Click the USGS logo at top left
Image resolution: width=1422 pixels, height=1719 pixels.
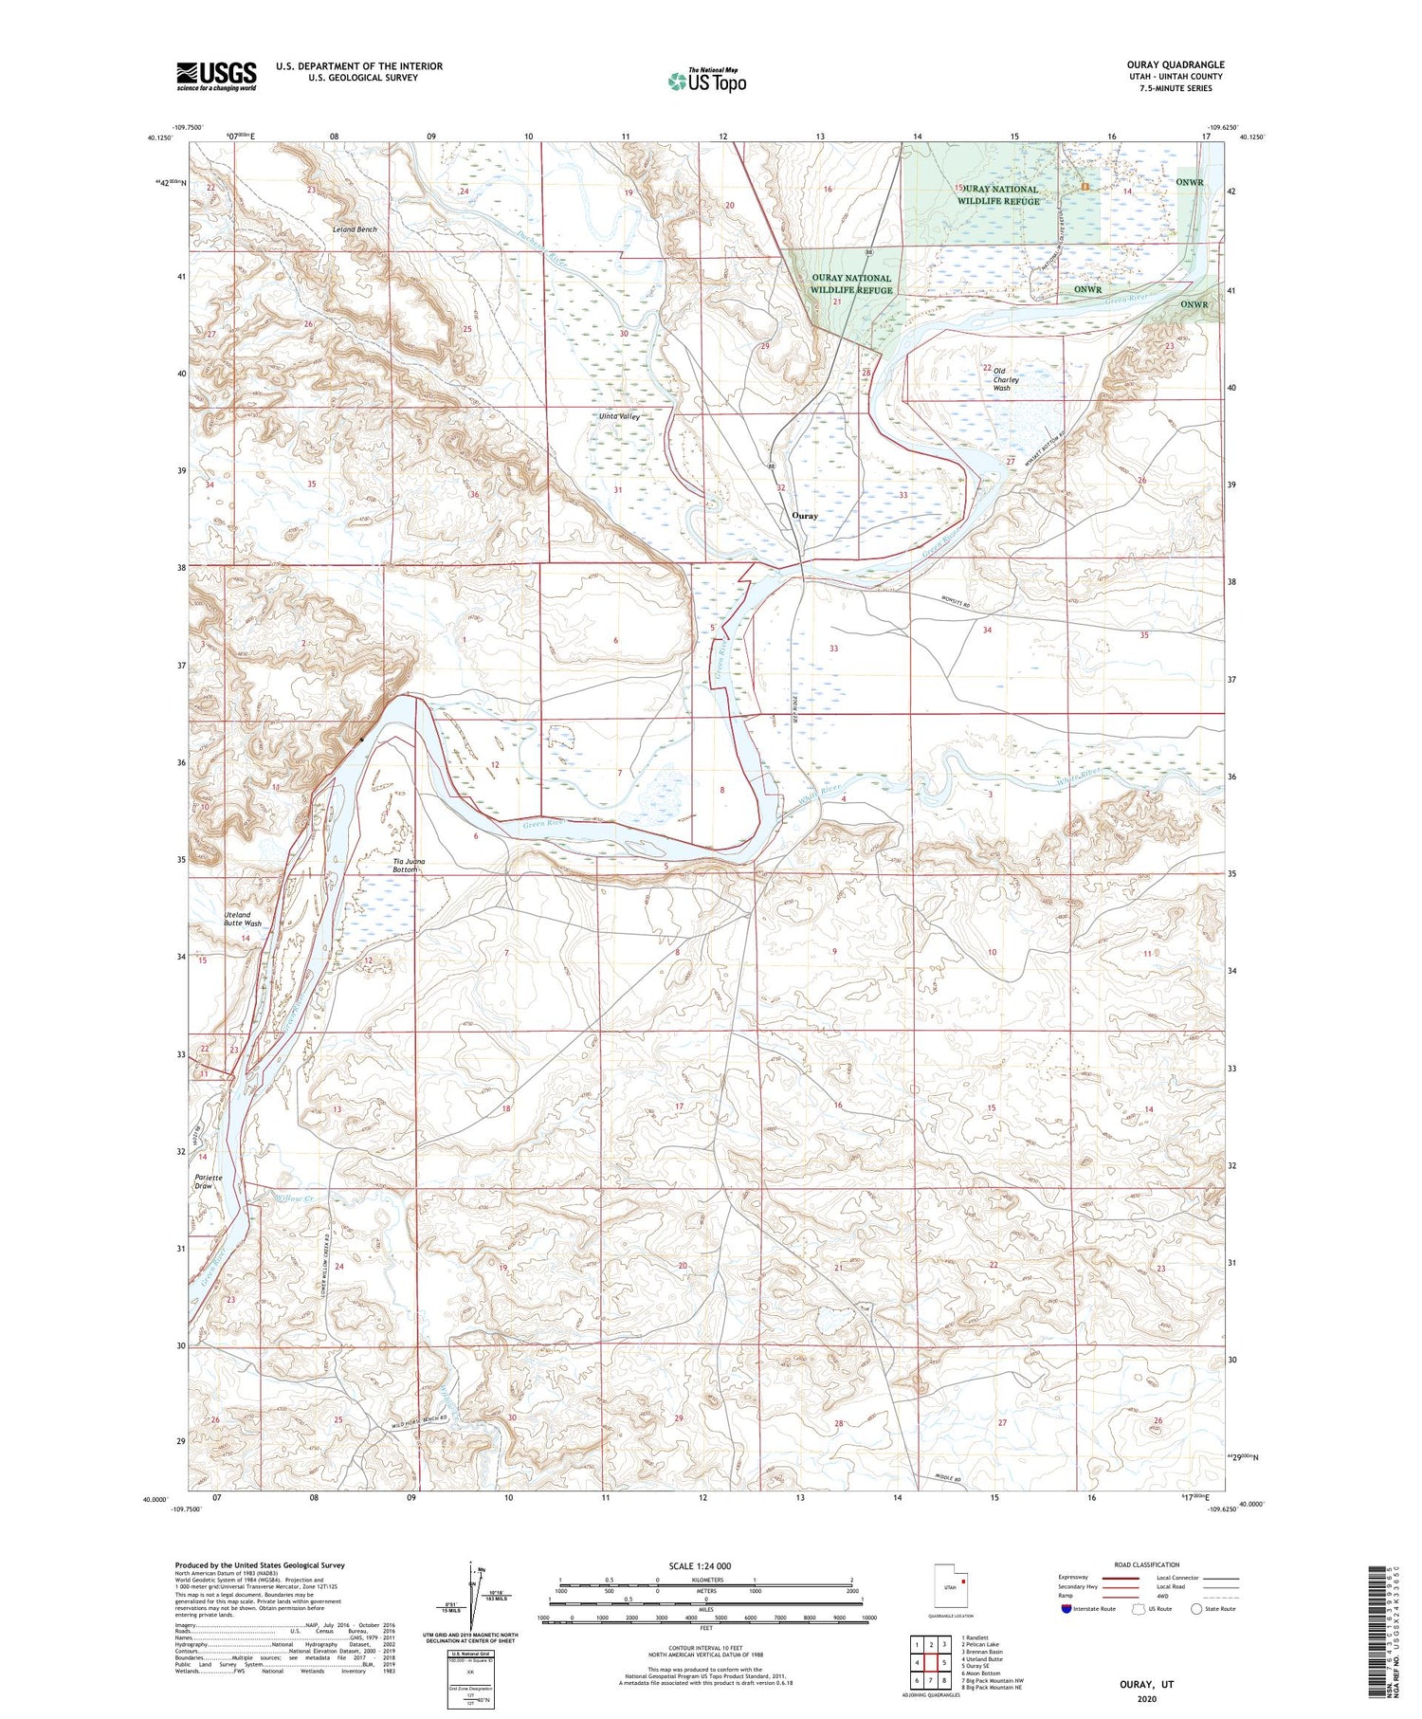[216, 76]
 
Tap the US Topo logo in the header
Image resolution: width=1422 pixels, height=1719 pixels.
[706, 81]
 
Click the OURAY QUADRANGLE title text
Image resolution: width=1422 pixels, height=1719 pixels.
[1176, 65]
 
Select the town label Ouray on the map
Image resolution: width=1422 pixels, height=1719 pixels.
[804, 516]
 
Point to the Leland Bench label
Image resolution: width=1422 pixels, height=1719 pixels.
[355, 229]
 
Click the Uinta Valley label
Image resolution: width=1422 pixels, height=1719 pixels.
[620, 416]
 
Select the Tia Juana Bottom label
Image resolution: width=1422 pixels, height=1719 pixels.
[409, 865]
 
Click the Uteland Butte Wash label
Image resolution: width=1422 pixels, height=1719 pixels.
[242, 919]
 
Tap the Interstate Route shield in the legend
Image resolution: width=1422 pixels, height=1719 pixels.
[1066, 1609]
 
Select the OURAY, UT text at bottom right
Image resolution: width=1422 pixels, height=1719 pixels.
[1146, 1684]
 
